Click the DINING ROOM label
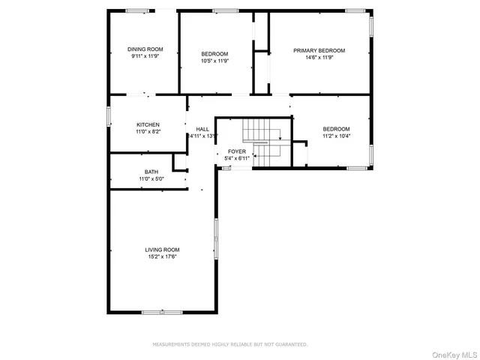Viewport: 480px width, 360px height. (x=145, y=49)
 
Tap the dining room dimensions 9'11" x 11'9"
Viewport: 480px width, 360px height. (x=145, y=56)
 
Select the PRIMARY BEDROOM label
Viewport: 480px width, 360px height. (x=319, y=50)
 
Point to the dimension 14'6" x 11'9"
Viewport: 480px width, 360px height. (x=319, y=57)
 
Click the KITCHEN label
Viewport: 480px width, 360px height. (x=148, y=124)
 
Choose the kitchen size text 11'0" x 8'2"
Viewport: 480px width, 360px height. (x=148, y=131)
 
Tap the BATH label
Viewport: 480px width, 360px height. (x=151, y=172)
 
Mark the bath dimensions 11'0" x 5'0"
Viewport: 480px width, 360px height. (x=151, y=178)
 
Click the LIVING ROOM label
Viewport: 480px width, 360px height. (x=162, y=250)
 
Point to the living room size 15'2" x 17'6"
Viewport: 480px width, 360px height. (x=162, y=256)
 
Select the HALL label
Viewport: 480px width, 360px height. (x=202, y=129)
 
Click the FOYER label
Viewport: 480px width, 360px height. (x=237, y=151)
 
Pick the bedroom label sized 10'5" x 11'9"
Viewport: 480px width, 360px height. (x=214, y=54)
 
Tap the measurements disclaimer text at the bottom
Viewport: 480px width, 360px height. (x=230, y=344)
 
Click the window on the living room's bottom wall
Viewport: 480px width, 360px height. (x=162, y=311)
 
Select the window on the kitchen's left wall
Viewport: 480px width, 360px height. (x=109, y=116)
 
